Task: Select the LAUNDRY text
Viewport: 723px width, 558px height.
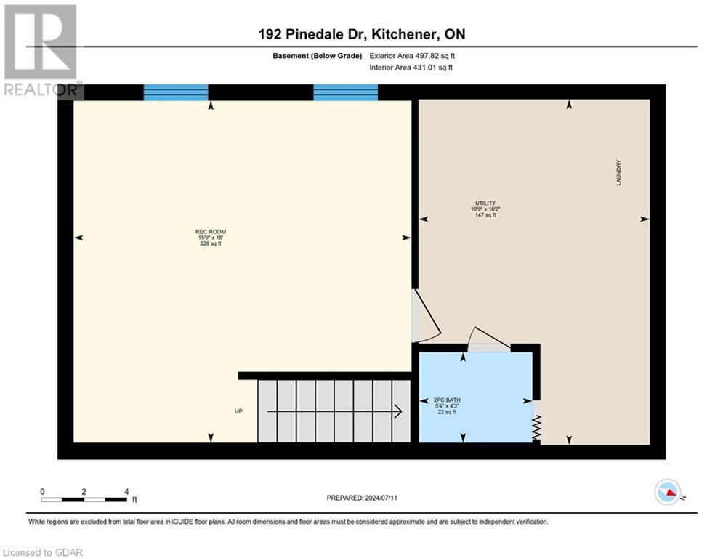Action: tap(619, 173)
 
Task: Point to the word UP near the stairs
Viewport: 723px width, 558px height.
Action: tap(238, 411)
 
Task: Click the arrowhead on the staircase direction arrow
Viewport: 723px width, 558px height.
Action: tap(398, 412)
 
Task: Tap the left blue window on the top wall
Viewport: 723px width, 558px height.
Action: tap(176, 92)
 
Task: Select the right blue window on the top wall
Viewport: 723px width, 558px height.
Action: tap(345, 92)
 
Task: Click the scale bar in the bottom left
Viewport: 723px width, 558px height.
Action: tap(84, 499)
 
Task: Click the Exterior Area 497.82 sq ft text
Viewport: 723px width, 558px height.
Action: tap(412, 55)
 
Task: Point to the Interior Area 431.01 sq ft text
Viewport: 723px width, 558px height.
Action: tap(412, 68)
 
